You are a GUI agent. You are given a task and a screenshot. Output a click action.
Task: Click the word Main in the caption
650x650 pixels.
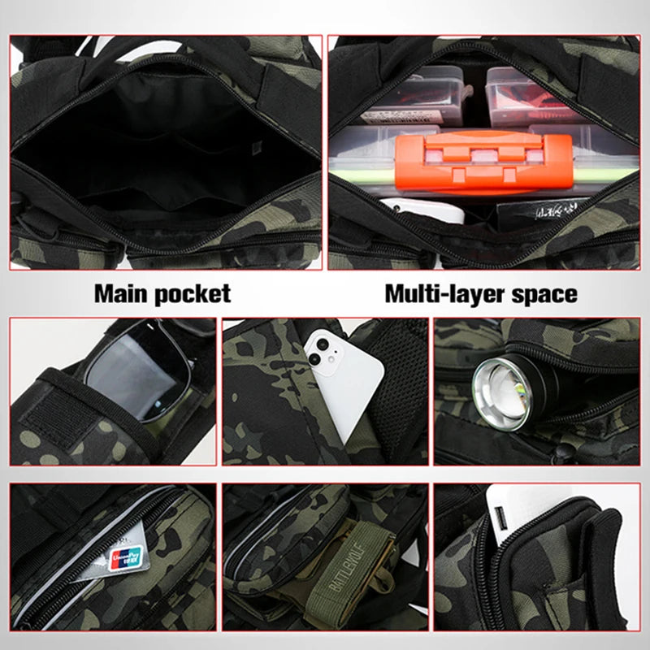(122, 292)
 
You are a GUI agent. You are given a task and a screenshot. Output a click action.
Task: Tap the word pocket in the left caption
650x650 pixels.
(193, 293)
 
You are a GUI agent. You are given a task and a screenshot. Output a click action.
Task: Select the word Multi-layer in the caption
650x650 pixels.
(440, 293)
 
